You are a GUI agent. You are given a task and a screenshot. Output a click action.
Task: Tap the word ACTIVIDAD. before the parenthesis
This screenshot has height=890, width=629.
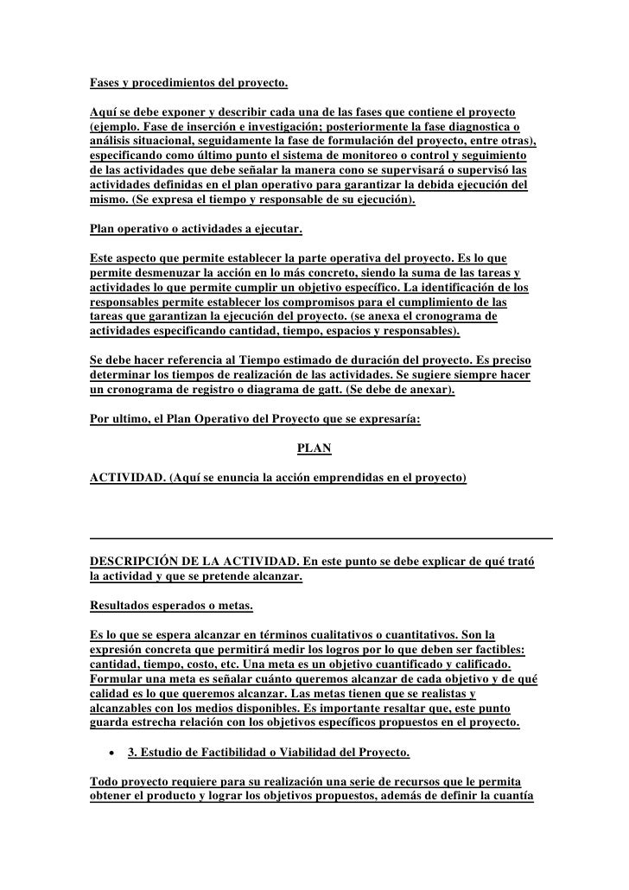(x=127, y=478)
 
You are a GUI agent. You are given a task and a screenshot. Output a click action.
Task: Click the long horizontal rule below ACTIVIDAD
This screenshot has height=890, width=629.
(x=321, y=538)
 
